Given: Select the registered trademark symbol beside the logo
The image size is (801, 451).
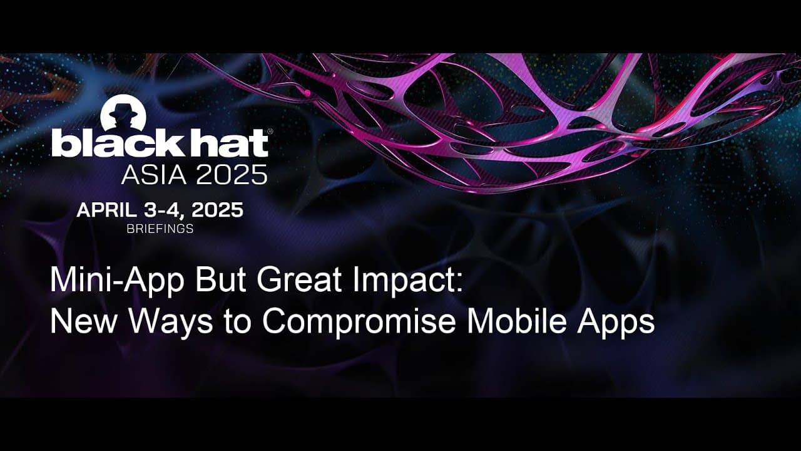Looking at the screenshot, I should pyautogui.click(x=270, y=131).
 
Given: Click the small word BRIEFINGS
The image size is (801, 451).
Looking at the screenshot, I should pyautogui.click(x=160, y=229).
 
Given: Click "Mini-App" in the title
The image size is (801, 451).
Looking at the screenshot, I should pyautogui.click(x=117, y=281).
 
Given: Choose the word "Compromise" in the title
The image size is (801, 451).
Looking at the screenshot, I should pyautogui.click(x=360, y=322).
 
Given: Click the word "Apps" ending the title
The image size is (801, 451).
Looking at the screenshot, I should pyautogui.click(x=618, y=322).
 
